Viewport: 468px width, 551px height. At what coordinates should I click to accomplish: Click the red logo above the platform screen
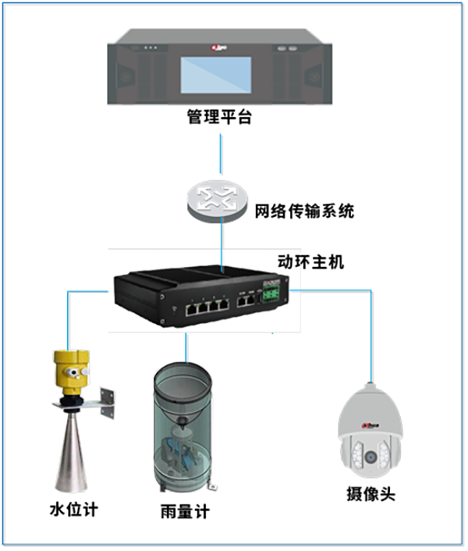click(218, 48)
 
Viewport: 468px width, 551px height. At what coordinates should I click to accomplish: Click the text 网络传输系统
click(304, 210)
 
